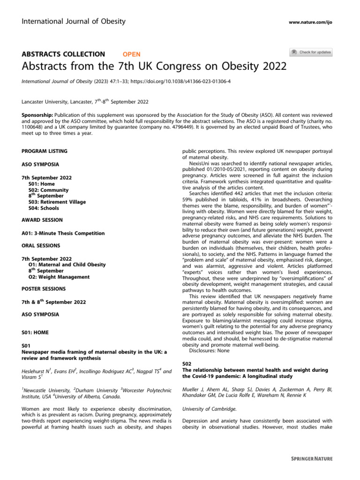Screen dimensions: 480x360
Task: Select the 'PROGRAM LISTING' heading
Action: pos(45,151)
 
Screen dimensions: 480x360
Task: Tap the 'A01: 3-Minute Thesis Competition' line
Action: pos(63,233)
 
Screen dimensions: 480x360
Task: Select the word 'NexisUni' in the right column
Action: pos(202,164)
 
